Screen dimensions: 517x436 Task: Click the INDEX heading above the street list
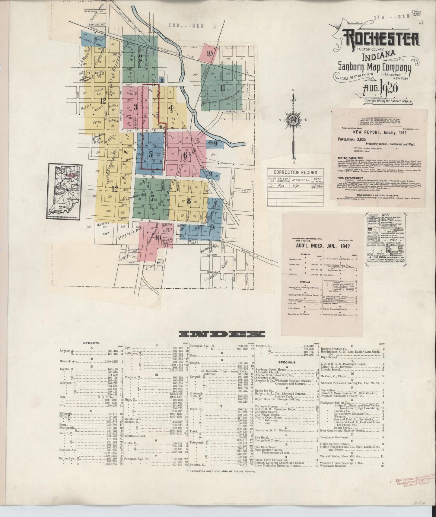point(222,334)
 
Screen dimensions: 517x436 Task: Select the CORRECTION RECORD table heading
point(296,172)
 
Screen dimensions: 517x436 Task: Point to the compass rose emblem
point(292,120)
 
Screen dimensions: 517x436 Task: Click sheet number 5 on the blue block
point(151,154)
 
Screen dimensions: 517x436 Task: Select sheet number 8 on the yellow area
point(189,201)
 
